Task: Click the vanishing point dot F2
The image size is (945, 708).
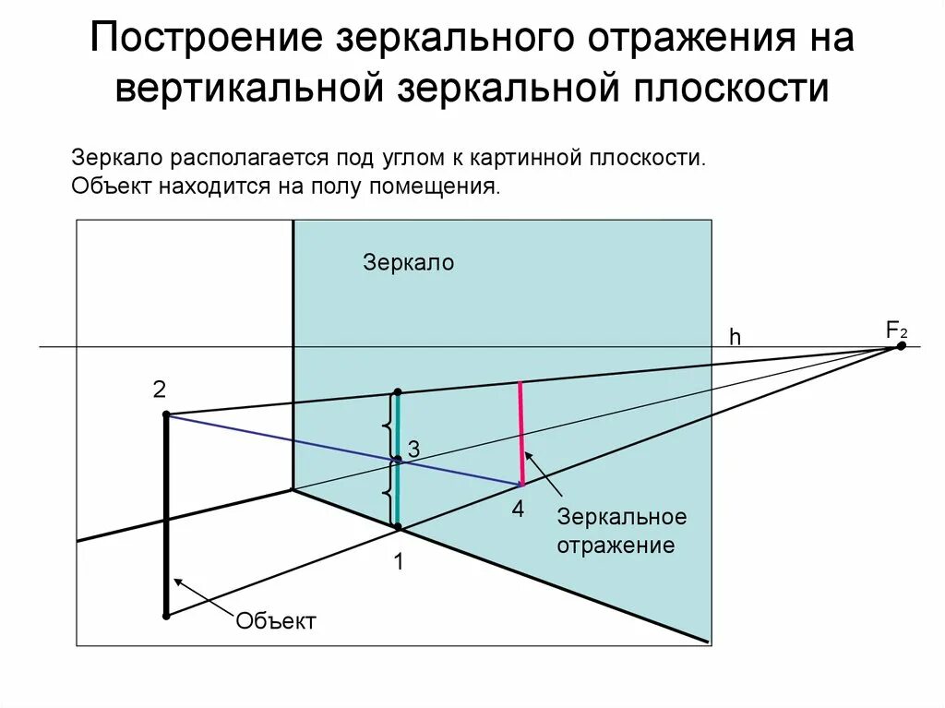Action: click(902, 345)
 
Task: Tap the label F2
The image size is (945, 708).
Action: click(896, 329)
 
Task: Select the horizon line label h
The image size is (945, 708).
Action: click(736, 338)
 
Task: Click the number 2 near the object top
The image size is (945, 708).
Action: click(160, 390)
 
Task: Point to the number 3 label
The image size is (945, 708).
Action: click(413, 450)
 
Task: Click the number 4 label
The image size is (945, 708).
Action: click(518, 509)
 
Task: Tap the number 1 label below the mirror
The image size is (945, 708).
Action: click(399, 561)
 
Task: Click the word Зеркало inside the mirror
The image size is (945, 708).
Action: click(409, 262)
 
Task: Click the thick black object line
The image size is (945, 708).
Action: click(166, 517)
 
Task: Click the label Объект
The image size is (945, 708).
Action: click(276, 621)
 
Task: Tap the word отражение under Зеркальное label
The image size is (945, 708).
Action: click(615, 545)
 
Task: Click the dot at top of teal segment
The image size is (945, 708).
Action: click(398, 392)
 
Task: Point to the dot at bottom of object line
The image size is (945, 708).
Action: click(166, 615)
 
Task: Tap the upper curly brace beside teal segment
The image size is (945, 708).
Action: click(386, 426)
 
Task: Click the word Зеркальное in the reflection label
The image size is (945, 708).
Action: click(620, 516)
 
